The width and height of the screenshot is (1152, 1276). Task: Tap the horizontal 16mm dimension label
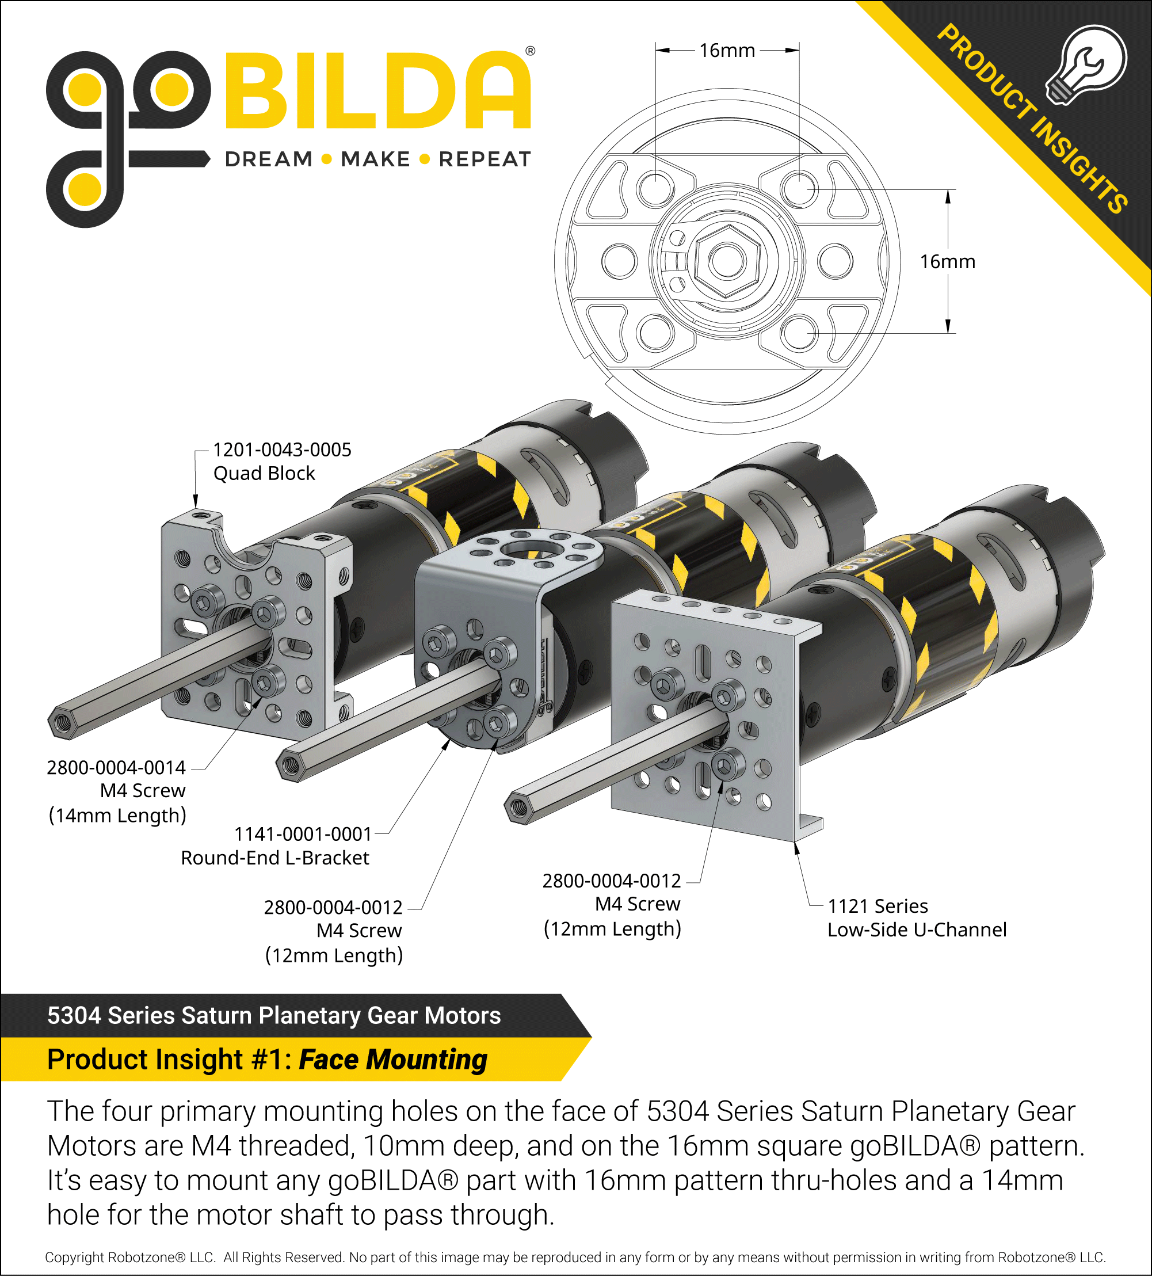(727, 51)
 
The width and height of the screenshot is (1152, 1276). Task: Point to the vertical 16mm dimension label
(947, 261)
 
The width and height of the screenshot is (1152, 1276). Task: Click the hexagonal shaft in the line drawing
(727, 261)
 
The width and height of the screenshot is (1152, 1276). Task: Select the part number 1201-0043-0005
(282, 450)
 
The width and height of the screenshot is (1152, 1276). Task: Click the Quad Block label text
(264, 474)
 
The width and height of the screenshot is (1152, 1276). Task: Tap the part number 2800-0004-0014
(116, 768)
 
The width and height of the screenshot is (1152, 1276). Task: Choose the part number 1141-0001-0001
(303, 834)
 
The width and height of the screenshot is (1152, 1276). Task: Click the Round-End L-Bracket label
(274, 858)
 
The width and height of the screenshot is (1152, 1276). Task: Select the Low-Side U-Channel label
(917, 930)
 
